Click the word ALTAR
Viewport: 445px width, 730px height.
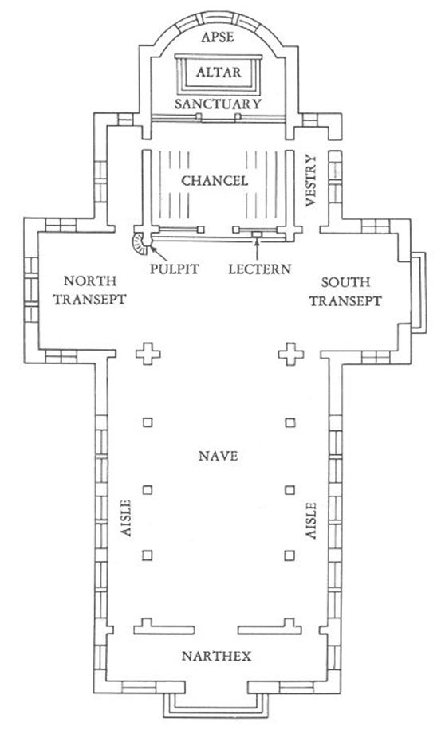click(x=219, y=73)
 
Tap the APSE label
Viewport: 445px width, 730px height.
click(x=217, y=37)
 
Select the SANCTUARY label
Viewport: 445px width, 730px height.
click(x=218, y=104)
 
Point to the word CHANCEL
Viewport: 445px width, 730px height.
click(x=215, y=180)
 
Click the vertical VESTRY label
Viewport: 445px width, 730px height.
click(x=311, y=181)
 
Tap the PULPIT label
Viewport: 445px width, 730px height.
click(x=175, y=269)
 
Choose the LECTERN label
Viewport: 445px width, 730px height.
click(x=259, y=269)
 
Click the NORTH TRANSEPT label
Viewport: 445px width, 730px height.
click(x=89, y=290)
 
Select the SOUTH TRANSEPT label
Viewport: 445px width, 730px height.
click(x=345, y=292)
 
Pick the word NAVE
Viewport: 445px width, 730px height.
click(x=218, y=456)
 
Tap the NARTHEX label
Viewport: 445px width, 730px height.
click(x=216, y=656)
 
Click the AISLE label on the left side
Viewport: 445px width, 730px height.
click(x=126, y=518)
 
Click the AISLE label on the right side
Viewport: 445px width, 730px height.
click(x=311, y=520)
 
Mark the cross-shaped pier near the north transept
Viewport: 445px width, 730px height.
click(x=148, y=355)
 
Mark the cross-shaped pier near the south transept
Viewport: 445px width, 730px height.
click(x=291, y=355)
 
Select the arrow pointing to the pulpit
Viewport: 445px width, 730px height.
click(x=159, y=254)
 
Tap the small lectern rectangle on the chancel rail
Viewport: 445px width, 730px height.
click(x=257, y=234)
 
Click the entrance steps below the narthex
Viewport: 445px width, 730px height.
click(x=216, y=712)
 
